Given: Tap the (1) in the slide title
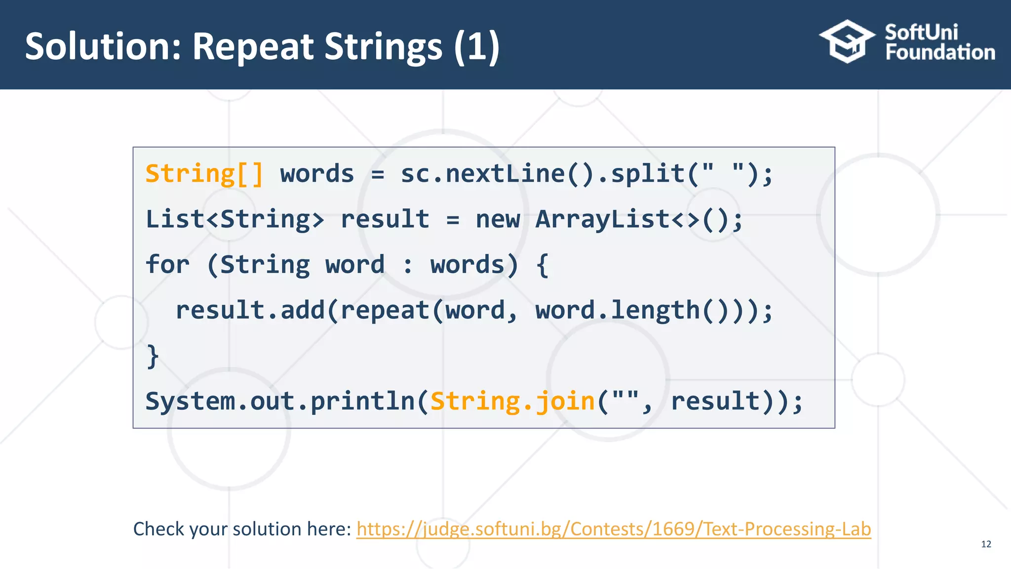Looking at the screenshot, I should point(476,46).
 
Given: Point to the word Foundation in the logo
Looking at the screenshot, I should point(940,52).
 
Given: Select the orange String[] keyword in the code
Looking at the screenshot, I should point(204,174).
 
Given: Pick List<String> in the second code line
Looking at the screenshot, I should point(234,219).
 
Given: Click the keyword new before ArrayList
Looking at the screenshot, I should point(498,219).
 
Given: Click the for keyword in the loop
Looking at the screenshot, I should point(167,265).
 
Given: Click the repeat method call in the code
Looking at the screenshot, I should point(385,310).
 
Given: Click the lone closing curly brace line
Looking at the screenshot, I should point(153,356).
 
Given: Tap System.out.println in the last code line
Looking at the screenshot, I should point(280,401).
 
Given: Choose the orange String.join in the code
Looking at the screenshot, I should point(512,401).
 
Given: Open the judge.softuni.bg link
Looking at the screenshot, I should point(613,529).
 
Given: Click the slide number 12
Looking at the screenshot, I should point(986,544).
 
